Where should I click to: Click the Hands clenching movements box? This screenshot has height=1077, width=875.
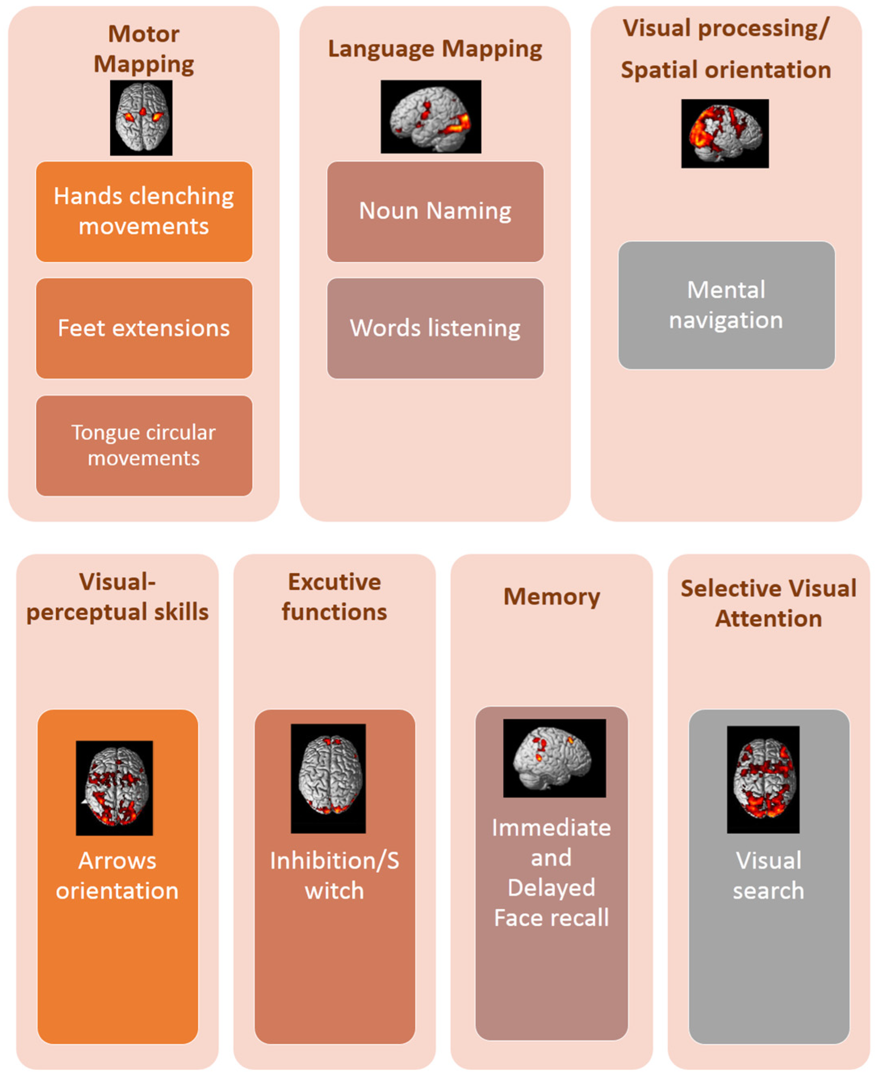coord(144,211)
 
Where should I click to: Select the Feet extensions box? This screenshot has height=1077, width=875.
coord(144,328)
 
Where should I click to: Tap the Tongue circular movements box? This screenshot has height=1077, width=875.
coord(144,445)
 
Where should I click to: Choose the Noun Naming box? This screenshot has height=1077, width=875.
coord(435,211)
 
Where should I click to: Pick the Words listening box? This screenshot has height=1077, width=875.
coord(435,328)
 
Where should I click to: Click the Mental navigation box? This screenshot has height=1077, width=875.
coord(726,305)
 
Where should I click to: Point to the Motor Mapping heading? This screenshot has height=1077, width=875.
coord(144,49)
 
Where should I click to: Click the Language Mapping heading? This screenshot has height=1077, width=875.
coord(435,49)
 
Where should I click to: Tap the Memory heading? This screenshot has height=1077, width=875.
coord(551,596)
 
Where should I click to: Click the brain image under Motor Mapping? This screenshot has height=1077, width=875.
coord(141,117)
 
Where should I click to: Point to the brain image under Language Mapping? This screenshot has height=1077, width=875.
coord(430,117)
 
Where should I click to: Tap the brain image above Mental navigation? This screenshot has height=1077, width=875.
coord(725,133)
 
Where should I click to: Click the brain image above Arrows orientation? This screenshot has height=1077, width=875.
coord(115,788)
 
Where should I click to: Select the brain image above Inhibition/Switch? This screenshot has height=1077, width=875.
coord(328,778)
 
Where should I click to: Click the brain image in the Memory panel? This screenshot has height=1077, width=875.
coord(554,758)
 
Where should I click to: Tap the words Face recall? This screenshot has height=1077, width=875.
coord(551,917)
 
